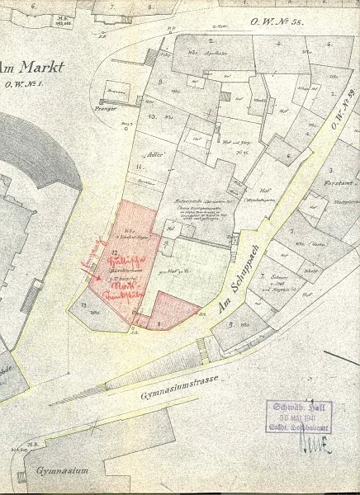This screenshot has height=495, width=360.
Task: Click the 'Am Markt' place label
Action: coord(26,67)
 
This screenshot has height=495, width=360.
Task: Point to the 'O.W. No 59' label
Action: coord(340,114)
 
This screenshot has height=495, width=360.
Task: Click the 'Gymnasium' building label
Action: coord(60,469)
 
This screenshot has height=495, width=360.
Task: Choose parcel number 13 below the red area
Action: coord(86,307)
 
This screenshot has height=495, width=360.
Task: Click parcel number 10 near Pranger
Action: coord(152,116)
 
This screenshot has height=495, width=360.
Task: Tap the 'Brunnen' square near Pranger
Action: coord(116,88)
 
